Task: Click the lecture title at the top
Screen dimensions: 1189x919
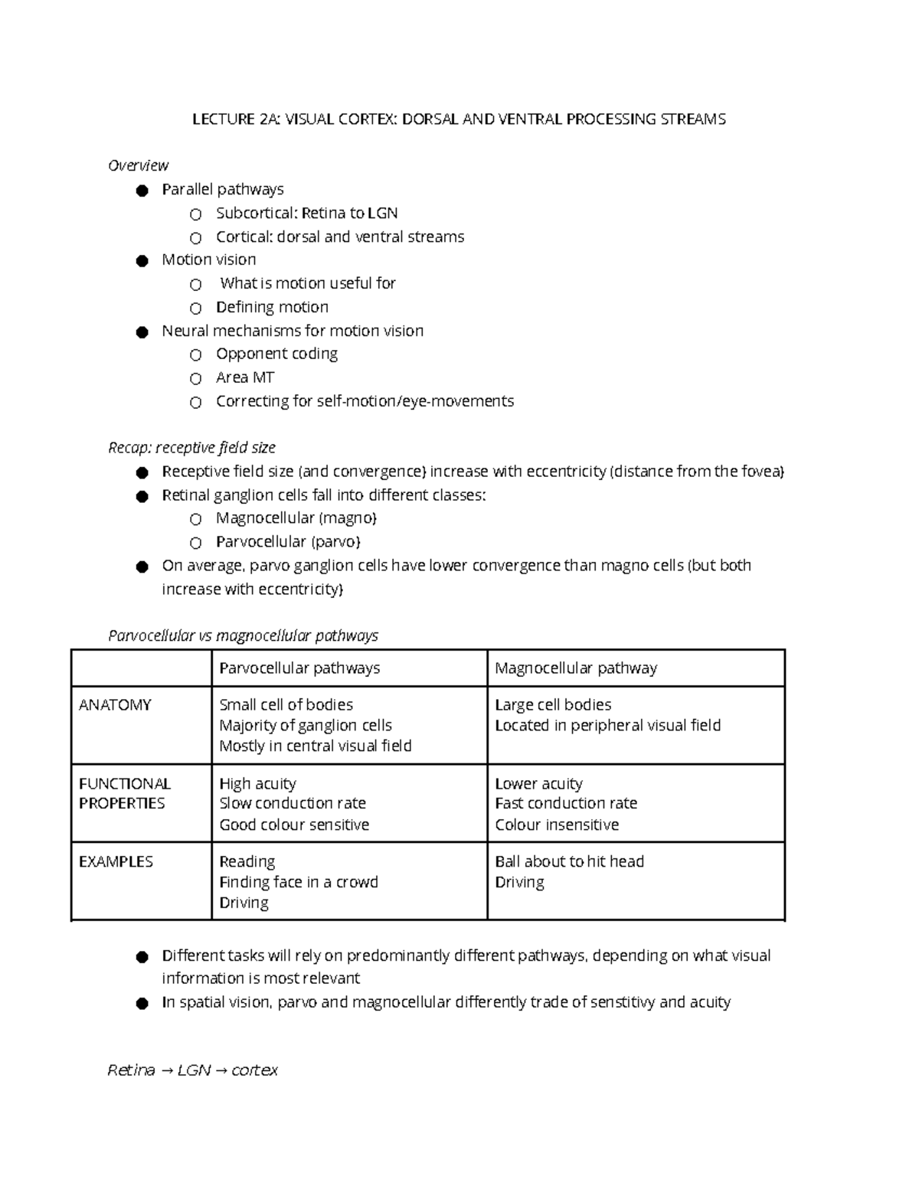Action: click(x=459, y=119)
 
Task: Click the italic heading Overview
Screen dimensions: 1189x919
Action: click(x=138, y=165)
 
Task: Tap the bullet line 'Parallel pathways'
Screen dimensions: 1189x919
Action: click(x=222, y=189)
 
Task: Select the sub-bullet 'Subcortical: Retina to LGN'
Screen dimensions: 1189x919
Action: click(x=306, y=213)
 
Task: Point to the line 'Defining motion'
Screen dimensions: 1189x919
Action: click(x=272, y=307)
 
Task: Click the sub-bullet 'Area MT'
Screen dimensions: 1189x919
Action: click(x=244, y=377)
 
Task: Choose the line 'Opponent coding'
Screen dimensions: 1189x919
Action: click(x=276, y=354)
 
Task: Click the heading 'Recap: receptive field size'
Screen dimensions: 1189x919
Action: click(x=191, y=447)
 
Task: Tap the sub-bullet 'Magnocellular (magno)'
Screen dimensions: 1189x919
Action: click(x=296, y=518)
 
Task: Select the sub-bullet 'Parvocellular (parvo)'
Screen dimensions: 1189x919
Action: click(x=288, y=542)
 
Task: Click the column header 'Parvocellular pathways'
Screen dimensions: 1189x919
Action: click(x=299, y=668)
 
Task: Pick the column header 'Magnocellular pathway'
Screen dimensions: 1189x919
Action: click(x=576, y=668)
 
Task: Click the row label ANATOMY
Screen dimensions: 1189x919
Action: click(x=115, y=705)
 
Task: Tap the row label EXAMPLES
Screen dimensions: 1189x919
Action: click(x=116, y=862)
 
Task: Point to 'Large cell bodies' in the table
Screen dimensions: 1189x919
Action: click(x=553, y=705)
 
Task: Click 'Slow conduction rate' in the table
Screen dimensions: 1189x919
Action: click(x=293, y=803)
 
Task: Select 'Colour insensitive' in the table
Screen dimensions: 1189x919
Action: click(x=557, y=825)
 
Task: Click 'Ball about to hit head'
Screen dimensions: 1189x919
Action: click(x=569, y=861)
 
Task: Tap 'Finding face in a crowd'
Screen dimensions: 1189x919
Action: click(x=299, y=882)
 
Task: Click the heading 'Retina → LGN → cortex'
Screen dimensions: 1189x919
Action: click(x=192, y=1070)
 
